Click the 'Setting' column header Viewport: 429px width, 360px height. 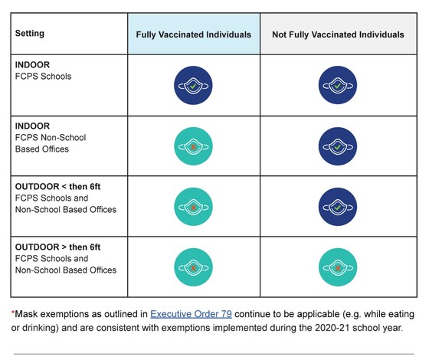coord(30,34)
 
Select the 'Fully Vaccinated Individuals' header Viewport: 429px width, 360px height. coord(194,34)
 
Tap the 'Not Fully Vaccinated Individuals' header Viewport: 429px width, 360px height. coord(338,34)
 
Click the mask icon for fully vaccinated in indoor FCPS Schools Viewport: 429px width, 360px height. coord(193,85)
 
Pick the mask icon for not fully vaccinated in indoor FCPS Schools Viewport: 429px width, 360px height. coord(338,85)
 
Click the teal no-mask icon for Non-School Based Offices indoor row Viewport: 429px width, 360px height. coord(193,146)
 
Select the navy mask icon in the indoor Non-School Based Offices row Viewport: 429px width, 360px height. coord(338,146)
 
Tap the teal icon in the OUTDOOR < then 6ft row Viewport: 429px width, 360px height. coord(193,207)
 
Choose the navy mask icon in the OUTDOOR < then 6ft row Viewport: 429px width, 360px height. coord(338,207)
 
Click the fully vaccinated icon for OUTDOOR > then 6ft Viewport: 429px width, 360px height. coord(193,267)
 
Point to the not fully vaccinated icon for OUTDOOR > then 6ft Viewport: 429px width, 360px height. coord(338,267)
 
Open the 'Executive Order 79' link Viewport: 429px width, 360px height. coord(191,314)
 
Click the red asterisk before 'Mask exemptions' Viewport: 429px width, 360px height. coord(12,313)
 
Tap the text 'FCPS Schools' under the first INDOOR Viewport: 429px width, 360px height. coord(43,77)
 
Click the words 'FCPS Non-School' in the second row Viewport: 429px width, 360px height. coord(51,137)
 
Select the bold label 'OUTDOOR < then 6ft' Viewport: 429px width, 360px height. coord(57,187)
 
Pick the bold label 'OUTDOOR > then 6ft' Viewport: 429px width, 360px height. coord(57,247)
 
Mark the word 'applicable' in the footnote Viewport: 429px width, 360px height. coord(318,314)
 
